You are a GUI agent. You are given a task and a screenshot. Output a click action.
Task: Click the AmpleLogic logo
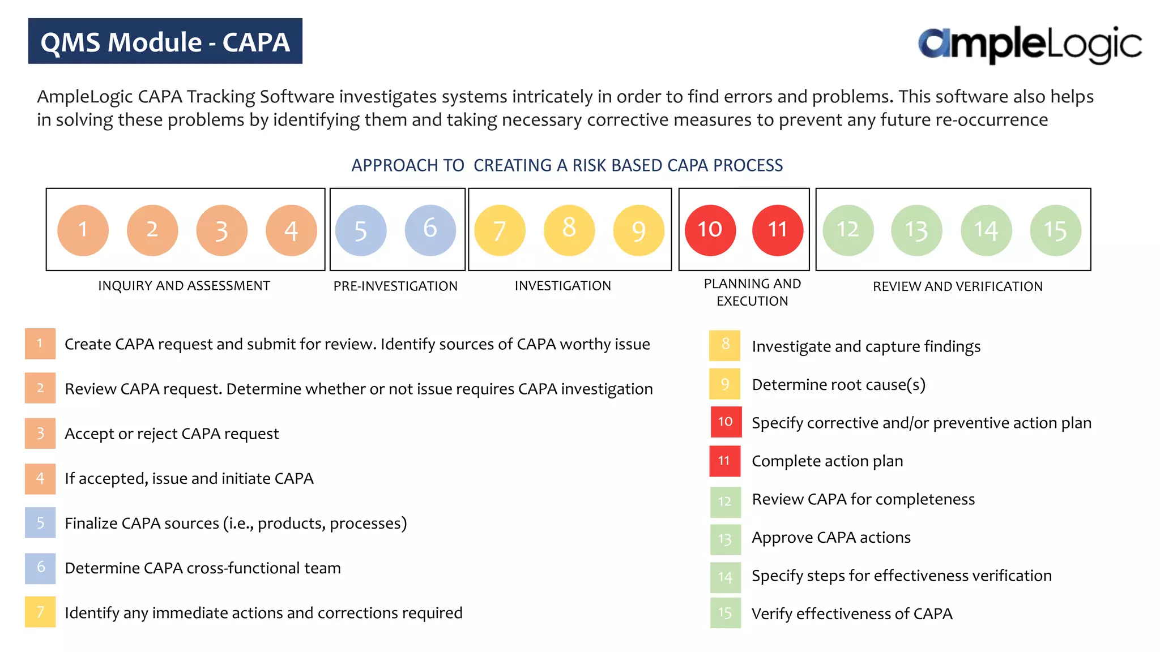coord(1029,44)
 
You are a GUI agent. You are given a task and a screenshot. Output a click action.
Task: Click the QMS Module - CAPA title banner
coord(165,41)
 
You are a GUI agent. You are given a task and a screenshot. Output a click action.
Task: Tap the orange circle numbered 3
coord(221,230)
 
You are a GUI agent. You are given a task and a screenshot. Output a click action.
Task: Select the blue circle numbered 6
coord(430,230)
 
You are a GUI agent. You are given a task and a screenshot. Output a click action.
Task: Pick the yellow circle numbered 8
coord(569,230)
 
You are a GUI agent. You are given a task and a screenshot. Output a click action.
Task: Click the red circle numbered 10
coord(710,230)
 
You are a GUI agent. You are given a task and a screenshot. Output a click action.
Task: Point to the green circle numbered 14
coord(986,230)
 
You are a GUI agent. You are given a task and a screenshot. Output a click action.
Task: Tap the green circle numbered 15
coord(1055,230)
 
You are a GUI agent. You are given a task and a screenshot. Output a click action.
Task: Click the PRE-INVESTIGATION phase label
coord(395,286)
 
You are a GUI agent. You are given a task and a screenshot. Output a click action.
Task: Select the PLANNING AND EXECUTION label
coord(752,292)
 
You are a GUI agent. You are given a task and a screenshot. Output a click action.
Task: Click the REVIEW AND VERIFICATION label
coord(957,286)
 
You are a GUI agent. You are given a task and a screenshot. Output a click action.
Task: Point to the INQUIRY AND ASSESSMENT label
coord(184,286)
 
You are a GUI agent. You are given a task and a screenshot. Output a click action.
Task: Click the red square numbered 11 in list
coord(724,461)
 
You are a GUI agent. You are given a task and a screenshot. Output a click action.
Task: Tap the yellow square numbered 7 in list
coord(40,612)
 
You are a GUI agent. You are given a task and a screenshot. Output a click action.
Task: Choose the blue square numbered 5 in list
coord(40,522)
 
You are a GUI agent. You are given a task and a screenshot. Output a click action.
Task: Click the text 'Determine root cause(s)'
coord(838,385)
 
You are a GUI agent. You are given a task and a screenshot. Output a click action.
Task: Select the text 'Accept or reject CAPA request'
coord(172,434)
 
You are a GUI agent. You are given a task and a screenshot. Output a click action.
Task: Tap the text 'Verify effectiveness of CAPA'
coord(852,614)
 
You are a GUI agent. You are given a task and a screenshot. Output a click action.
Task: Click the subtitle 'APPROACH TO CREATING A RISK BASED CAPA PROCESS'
coord(567,165)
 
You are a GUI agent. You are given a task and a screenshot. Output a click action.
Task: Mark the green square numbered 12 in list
coord(725,501)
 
